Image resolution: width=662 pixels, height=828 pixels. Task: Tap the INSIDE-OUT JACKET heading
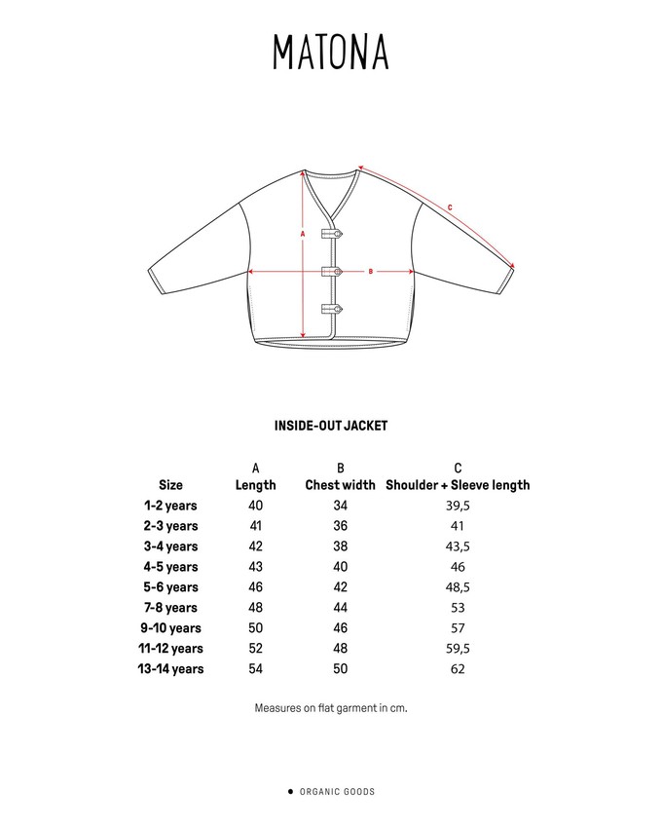pyautogui.click(x=331, y=426)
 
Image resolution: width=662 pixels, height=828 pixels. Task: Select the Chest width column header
pyautogui.click(x=340, y=485)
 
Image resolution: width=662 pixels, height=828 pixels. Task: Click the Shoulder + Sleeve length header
pyautogui.click(x=458, y=485)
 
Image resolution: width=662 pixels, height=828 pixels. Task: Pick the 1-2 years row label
pyautogui.click(x=170, y=506)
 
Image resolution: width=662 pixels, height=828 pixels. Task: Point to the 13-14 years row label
pyautogui.click(x=170, y=669)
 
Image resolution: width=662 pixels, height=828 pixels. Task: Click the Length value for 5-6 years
pyautogui.click(x=255, y=587)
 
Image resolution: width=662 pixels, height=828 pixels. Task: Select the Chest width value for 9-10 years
pyautogui.click(x=340, y=628)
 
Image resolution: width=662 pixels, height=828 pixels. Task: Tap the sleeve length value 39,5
pyautogui.click(x=458, y=506)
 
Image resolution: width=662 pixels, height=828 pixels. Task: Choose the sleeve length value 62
pyautogui.click(x=458, y=669)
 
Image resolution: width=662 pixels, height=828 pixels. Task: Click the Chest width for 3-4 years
pyautogui.click(x=340, y=546)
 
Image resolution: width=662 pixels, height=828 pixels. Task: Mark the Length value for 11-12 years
pyautogui.click(x=255, y=649)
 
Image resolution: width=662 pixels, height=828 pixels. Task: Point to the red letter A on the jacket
pyautogui.click(x=304, y=235)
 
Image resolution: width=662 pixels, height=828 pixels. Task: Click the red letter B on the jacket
pyautogui.click(x=371, y=272)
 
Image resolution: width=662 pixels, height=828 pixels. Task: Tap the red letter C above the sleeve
pyautogui.click(x=449, y=207)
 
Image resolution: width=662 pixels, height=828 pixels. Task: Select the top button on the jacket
pyautogui.click(x=331, y=234)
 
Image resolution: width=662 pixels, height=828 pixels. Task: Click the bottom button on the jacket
pyautogui.click(x=331, y=309)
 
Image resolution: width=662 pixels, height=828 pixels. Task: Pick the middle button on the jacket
pyautogui.click(x=331, y=272)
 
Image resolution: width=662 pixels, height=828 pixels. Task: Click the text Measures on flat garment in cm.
pyautogui.click(x=331, y=708)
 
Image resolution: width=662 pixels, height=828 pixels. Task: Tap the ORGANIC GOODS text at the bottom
pyautogui.click(x=336, y=792)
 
